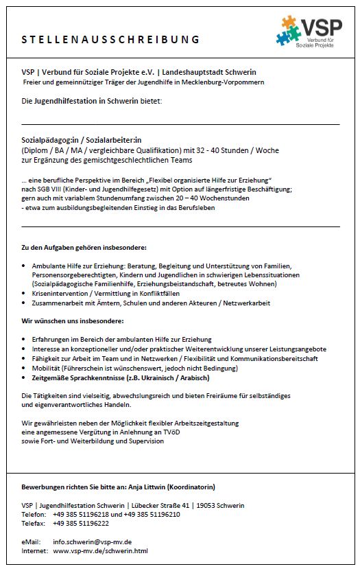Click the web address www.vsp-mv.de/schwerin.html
click(100, 550)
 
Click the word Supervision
click(145, 441)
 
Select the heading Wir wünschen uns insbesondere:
click(72, 321)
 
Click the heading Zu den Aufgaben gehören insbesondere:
click(84, 246)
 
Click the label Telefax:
click(33, 523)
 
